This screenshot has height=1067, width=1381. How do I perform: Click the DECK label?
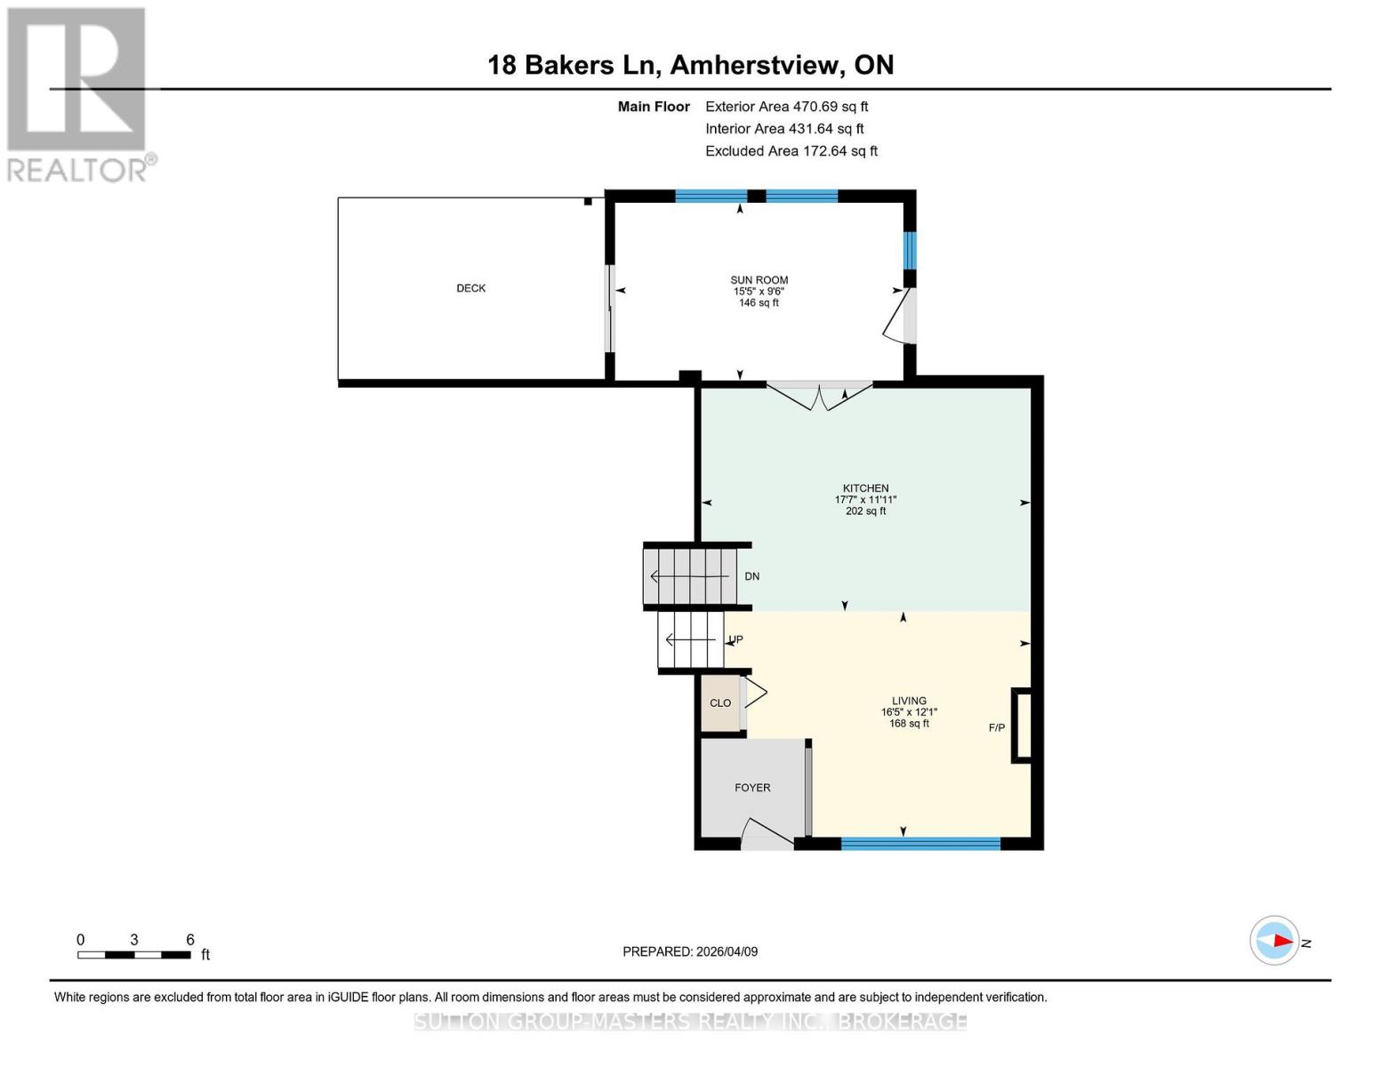(x=470, y=288)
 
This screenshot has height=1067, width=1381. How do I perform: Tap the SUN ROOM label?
(x=759, y=280)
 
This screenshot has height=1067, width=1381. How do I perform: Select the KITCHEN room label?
(x=865, y=488)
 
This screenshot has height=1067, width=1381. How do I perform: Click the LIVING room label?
(x=909, y=701)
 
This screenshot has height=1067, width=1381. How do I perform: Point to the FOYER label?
(x=752, y=788)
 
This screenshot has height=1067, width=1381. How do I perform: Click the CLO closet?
(x=720, y=703)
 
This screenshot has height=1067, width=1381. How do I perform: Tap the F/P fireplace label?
(x=997, y=728)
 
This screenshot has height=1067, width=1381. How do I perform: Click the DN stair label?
(x=751, y=576)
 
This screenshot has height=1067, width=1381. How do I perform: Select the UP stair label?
(x=735, y=639)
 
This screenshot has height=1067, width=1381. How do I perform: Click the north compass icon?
(x=1274, y=941)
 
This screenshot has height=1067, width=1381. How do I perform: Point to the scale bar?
(x=134, y=955)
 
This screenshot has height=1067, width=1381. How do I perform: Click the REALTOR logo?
(x=78, y=93)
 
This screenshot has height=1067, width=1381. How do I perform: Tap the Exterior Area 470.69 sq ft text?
(x=786, y=107)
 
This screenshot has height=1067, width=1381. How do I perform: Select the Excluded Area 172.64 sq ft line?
(x=791, y=151)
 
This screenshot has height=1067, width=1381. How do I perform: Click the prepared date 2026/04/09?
(x=690, y=951)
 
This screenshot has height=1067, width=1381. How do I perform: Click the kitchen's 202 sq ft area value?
(x=865, y=511)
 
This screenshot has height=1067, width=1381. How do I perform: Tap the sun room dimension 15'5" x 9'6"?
(x=759, y=292)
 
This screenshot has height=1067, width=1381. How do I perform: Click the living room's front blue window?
(x=920, y=843)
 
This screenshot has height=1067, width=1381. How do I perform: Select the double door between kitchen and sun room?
(x=820, y=394)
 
